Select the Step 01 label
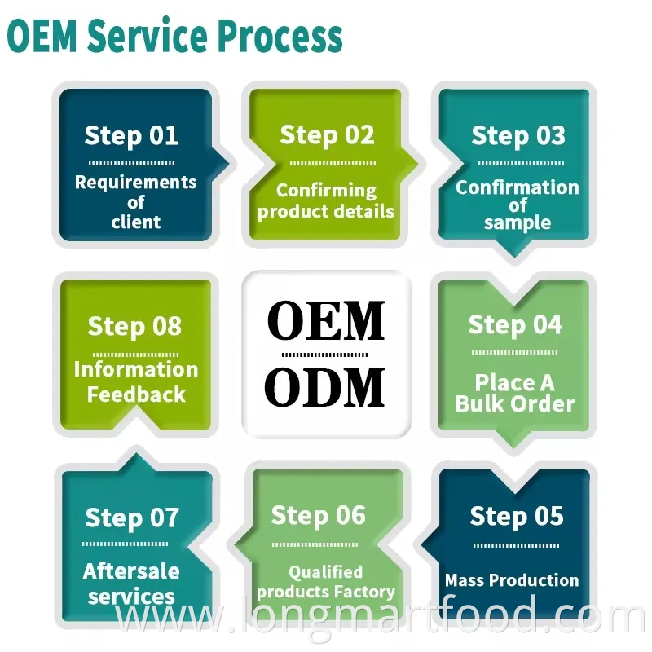point(131,135)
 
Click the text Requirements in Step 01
point(135,182)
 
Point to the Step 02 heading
point(327,135)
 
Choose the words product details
point(326,211)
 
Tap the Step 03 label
point(518,135)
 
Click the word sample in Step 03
point(518,222)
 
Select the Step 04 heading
point(515,325)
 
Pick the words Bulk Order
point(515,403)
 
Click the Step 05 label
point(516,516)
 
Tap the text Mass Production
point(512,580)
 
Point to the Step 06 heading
point(318,515)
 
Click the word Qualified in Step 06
point(325,572)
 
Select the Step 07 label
point(131,517)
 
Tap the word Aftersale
point(131,571)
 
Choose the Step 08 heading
point(134,326)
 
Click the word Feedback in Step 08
point(136,395)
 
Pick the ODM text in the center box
point(326,388)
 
